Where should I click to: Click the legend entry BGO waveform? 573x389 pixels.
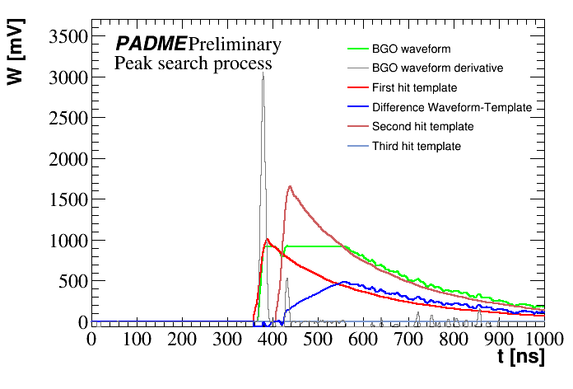(411, 49)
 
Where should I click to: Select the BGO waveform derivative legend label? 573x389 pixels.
(431, 68)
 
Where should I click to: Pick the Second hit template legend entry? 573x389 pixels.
(422, 127)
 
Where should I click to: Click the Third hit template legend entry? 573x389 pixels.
(416, 147)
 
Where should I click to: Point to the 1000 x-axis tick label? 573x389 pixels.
(539, 339)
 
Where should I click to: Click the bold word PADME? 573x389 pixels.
(150, 44)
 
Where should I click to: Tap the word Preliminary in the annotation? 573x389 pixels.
(235, 44)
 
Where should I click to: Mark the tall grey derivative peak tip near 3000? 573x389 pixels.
(263, 73)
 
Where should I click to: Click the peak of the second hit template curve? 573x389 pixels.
(291, 186)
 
